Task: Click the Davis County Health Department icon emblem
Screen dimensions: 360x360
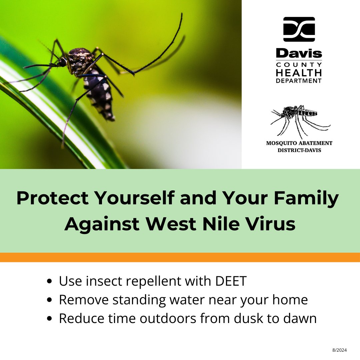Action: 299,29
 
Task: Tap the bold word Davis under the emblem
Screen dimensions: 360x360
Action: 299,53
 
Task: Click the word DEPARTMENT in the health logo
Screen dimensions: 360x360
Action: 299,81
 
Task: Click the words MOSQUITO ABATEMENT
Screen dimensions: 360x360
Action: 299,143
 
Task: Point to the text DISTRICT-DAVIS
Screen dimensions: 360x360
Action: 299,150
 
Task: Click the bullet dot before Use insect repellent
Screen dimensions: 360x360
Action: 50,282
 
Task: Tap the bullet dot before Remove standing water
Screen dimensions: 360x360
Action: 50,300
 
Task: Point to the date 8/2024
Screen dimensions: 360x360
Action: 340,350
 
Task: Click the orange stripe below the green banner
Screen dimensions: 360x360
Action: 180,257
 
